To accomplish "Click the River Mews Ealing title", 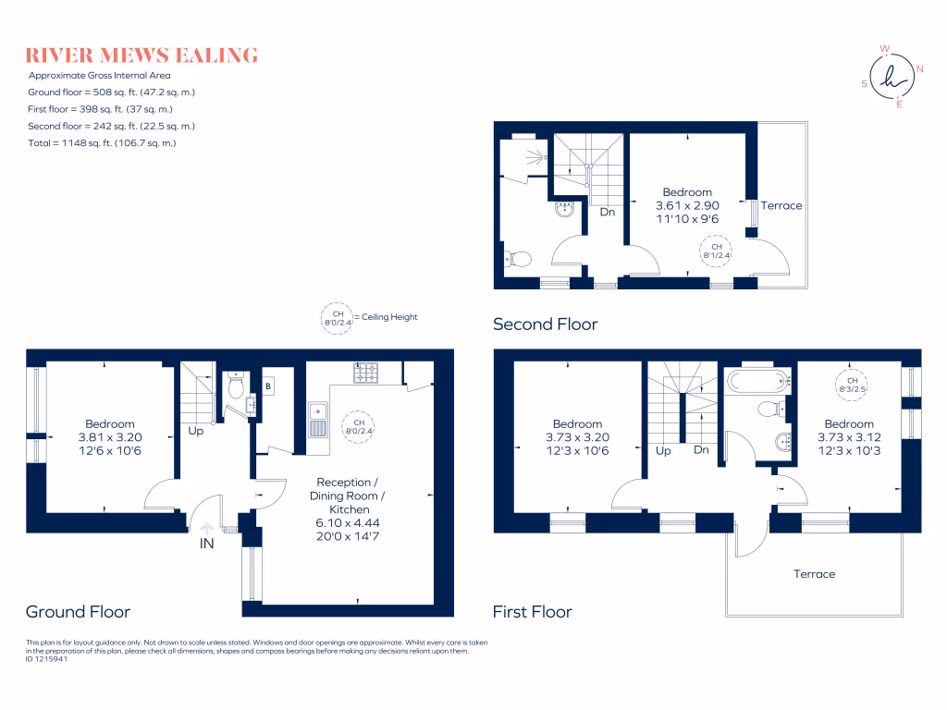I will (141, 55).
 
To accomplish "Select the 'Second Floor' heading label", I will (545, 324).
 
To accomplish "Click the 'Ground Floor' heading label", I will (78, 611).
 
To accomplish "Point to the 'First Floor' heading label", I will (532, 611).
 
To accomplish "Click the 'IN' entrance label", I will (206, 544).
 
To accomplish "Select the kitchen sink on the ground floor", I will (317, 421).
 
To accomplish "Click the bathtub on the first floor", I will (756, 379).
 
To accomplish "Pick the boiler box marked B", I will (268, 384).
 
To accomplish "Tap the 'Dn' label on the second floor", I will (608, 212).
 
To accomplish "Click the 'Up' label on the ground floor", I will (196, 431).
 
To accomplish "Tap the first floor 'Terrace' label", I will (814, 573).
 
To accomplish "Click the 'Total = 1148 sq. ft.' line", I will (102, 142).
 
